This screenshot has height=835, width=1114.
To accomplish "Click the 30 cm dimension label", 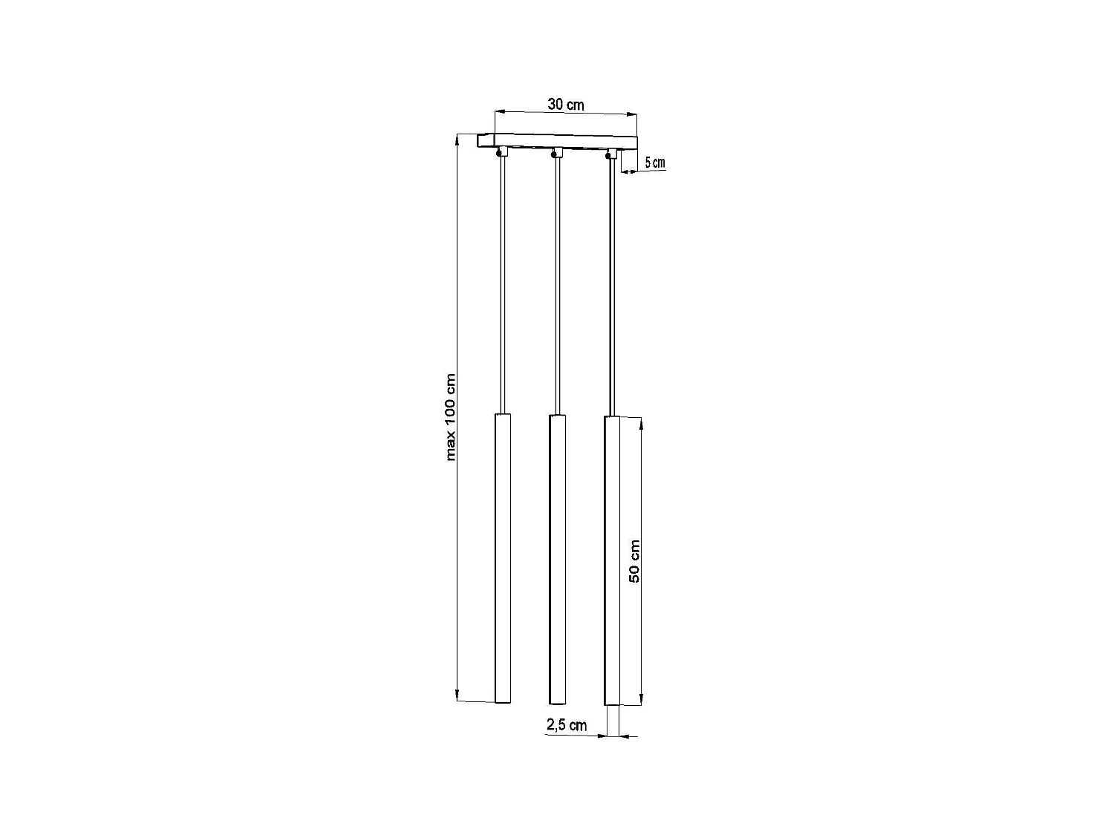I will (x=566, y=105).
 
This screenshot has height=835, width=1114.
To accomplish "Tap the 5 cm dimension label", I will (x=654, y=163).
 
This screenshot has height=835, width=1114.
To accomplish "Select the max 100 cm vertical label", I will (x=451, y=417).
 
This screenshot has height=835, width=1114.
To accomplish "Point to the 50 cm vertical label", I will (x=634, y=560).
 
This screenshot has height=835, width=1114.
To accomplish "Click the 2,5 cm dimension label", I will (x=567, y=725).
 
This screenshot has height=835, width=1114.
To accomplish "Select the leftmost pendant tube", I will (x=503, y=557).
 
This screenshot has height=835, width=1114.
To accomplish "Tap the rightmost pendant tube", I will (x=612, y=560).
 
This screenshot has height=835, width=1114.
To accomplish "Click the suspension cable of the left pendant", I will (x=503, y=286).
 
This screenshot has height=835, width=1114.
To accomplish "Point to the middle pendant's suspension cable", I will (x=557, y=286).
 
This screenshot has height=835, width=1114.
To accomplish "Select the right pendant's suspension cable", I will (x=612, y=286).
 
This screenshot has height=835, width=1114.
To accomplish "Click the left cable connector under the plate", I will (x=501, y=153).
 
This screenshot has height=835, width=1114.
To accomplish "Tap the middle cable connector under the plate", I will (x=556, y=154).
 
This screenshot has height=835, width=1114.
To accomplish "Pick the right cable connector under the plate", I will (x=611, y=154).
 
